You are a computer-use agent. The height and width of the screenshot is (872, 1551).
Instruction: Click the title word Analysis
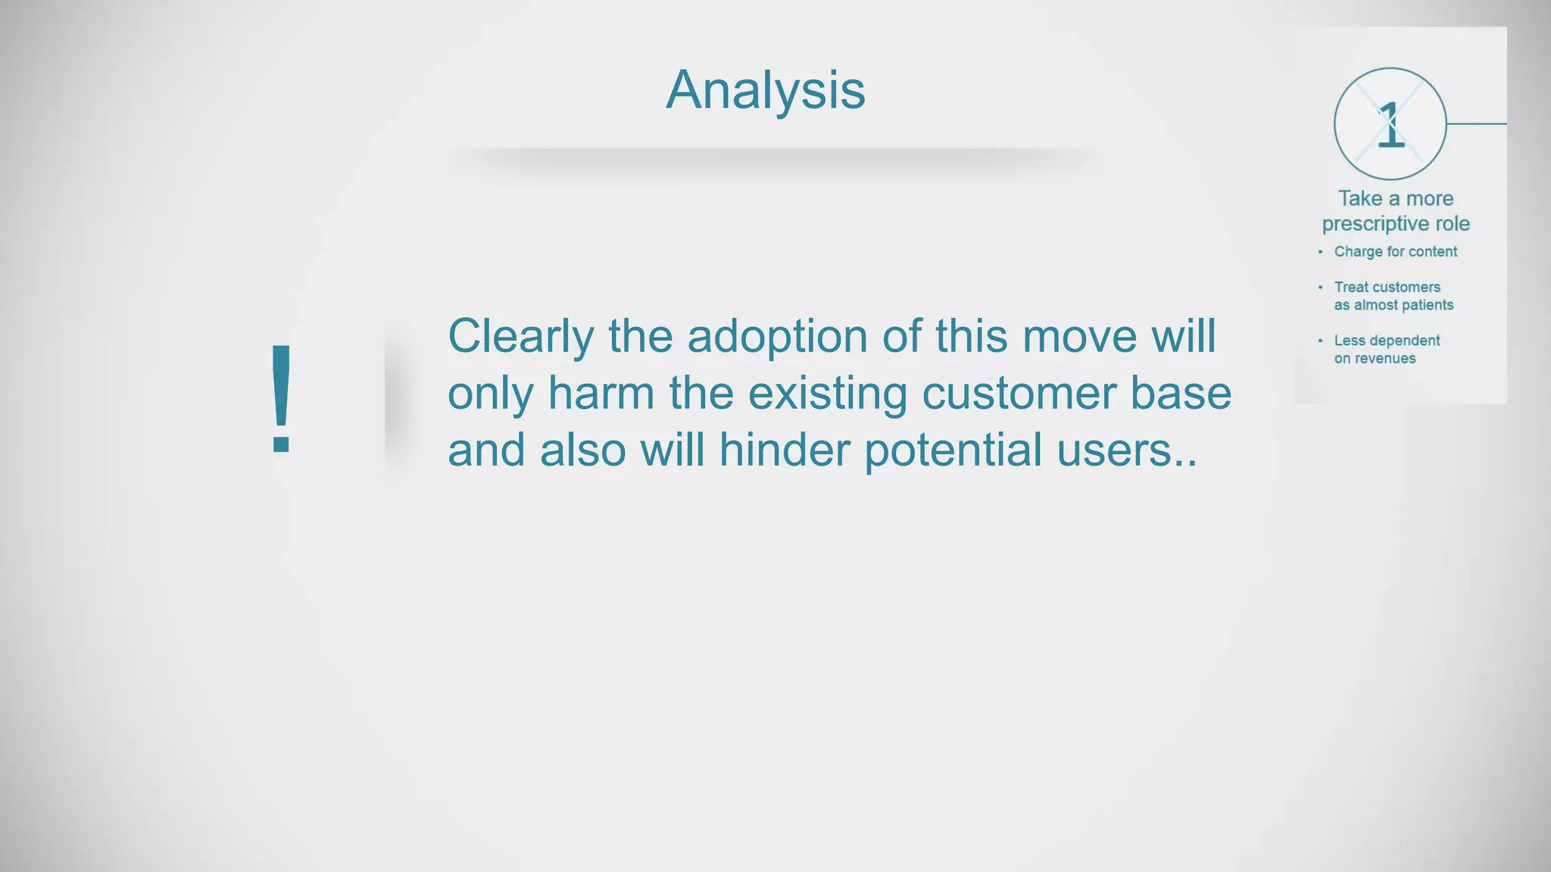[765, 90]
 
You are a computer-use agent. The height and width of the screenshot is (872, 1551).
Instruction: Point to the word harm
[601, 394]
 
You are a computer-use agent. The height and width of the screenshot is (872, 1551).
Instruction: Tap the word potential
[953, 450]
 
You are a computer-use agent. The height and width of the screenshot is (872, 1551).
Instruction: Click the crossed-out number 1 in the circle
[1390, 125]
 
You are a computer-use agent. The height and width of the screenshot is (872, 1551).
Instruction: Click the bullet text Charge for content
[1395, 252]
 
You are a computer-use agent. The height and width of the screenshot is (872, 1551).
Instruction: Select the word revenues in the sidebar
[1384, 359]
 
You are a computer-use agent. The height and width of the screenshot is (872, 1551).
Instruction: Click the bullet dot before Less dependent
[1320, 341]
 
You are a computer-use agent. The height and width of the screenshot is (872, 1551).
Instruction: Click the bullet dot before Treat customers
[1320, 287]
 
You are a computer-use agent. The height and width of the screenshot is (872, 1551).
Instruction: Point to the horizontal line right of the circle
[1477, 123]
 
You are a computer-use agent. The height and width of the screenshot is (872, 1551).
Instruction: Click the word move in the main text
[1080, 337]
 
